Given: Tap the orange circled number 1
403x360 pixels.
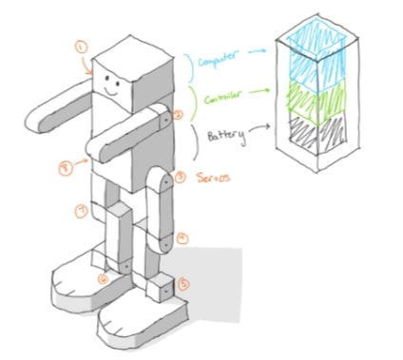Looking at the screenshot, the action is pyautogui.click(x=81, y=45).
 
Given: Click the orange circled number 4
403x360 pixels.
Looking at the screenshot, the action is pyautogui.click(x=182, y=237).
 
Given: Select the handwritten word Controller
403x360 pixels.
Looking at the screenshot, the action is pyautogui.click(x=222, y=97).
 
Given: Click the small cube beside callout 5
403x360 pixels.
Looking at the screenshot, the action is pyautogui.click(x=163, y=287).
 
